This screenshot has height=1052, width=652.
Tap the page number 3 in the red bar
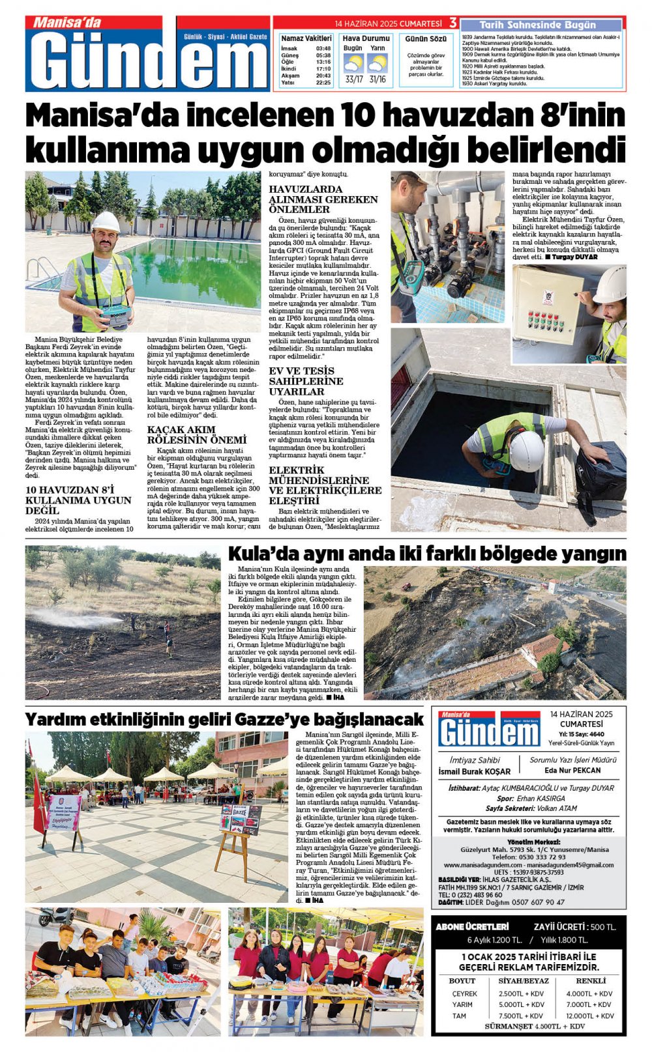point(452,23)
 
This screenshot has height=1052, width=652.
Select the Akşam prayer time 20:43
point(323,76)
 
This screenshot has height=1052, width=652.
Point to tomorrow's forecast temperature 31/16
point(378,79)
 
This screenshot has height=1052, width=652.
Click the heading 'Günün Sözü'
point(426,39)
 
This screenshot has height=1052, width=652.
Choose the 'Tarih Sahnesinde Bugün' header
point(537,25)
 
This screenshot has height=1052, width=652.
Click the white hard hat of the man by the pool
point(106,222)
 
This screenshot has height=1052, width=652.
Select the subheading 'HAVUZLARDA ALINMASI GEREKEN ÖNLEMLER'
point(323,199)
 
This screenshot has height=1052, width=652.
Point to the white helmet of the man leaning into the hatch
point(526,450)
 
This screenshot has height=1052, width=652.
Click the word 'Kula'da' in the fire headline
point(256,554)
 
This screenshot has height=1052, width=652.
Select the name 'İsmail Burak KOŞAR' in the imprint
point(475,771)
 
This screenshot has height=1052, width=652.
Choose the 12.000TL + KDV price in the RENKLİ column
point(589,1016)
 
